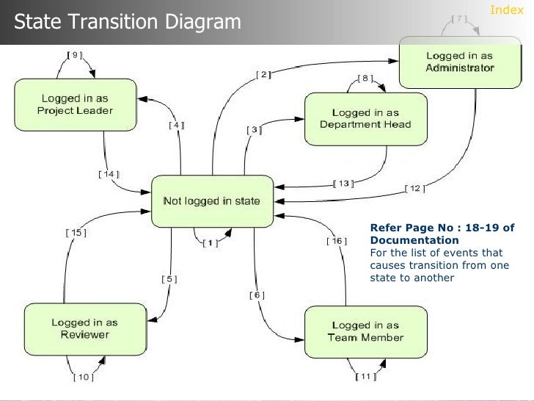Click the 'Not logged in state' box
[211, 201]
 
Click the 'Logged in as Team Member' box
[365, 331]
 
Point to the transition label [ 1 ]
[210, 244]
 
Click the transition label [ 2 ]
[263, 73]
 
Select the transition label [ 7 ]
[459, 19]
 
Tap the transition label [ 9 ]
[74, 54]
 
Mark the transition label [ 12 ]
[414, 189]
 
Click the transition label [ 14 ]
[108, 174]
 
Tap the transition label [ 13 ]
[343, 183]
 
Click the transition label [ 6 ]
[257, 295]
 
